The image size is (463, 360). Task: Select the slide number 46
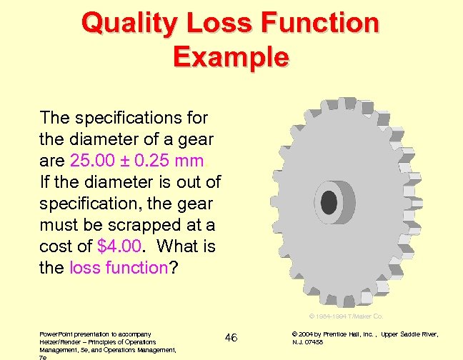click(231, 336)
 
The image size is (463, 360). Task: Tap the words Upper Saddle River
click(412, 334)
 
